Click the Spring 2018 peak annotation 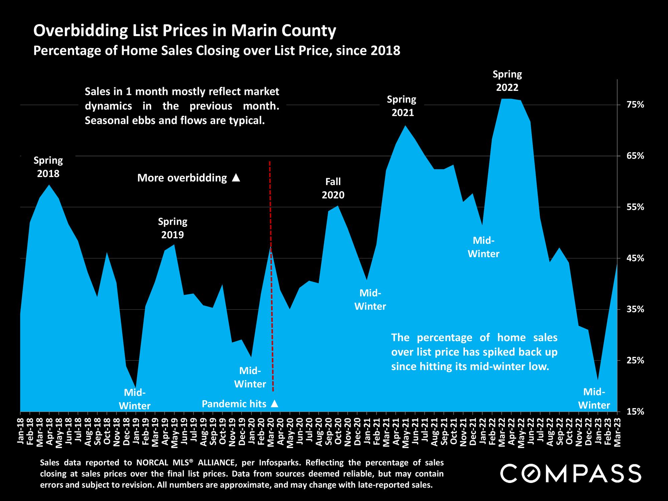tap(48, 167)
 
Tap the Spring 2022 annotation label tap(507, 80)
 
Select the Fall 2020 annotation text tap(333, 188)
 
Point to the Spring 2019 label tap(173, 228)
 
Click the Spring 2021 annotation tap(402, 106)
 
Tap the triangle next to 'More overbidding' tap(236, 178)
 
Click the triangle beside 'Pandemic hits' tap(275, 404)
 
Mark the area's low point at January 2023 tap(598, 380)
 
